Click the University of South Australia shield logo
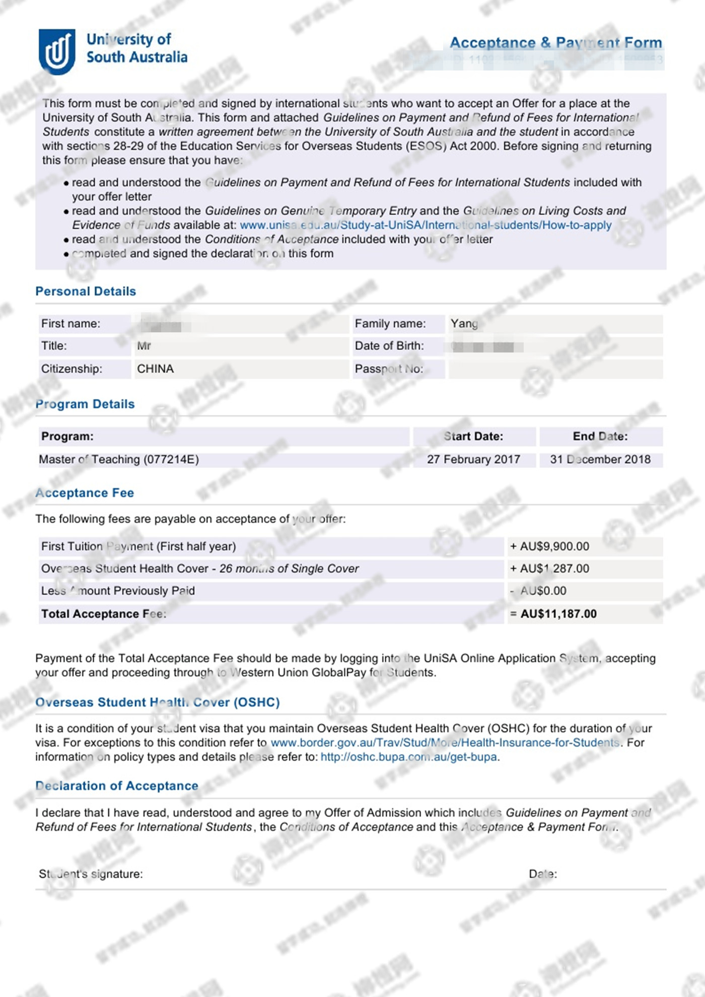point(57,51)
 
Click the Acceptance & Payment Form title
point(555,43)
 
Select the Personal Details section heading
point(86,292)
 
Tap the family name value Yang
point(464,324)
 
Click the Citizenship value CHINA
point(155,369)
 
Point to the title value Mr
point(144,346)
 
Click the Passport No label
point(388,369)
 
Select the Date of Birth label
point(389,346)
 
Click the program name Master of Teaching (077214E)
point(119,460)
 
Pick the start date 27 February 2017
point(473,460)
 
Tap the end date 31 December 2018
point(600,460)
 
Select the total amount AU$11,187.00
point(558,614)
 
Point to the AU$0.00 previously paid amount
point(543,591)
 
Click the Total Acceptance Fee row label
point(103,614)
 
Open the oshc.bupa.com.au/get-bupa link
point(408,757)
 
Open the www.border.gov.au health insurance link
point(445,743)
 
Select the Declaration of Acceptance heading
point(117,786)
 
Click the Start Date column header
point(473,437)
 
